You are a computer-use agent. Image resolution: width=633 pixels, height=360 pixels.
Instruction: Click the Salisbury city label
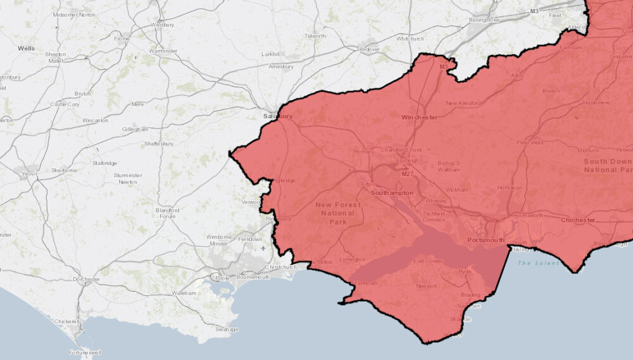tap(278, 116)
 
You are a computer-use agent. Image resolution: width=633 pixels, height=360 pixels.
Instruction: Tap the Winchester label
tap(419, 117)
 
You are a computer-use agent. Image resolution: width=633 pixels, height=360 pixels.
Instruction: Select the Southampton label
tap(392, 192)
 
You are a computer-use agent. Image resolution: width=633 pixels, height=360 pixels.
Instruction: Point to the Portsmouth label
tap(486, 240)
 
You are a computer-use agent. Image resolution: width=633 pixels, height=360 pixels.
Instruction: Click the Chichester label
tap(578, 220)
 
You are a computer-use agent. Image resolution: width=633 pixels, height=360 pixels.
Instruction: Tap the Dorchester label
tap(87, 279)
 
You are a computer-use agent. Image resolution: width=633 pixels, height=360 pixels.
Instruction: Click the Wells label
tap(27, 48)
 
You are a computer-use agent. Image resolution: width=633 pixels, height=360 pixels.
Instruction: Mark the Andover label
tap(369, 49)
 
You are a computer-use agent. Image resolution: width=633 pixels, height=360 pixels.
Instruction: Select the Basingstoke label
tap(484, 20)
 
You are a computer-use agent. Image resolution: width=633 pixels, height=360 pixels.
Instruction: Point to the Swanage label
tap(226, 329)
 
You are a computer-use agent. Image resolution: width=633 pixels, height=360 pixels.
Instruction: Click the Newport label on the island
tap(427, 286)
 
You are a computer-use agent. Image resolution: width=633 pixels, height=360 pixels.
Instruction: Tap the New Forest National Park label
tap(338, 213)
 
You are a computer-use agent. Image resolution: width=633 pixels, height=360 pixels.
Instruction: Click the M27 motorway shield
tap(407, 174)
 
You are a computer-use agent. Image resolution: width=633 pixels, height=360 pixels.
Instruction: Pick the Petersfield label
tap(530, 142)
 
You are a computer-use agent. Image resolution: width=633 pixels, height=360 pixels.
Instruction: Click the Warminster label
tap(163, 51)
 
